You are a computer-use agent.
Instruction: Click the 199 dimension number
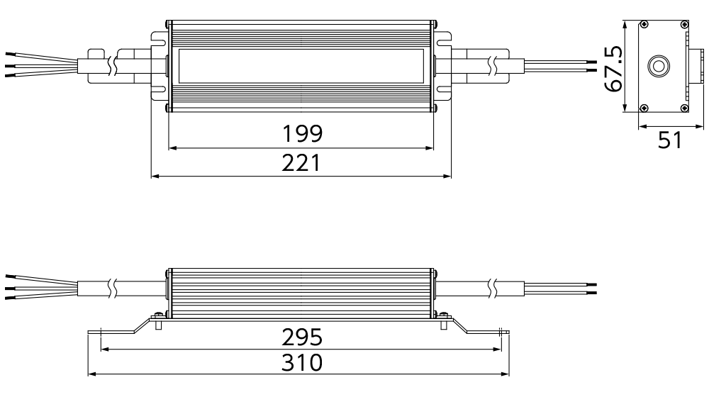tap(302, 133)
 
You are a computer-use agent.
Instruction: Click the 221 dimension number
tap(301, 163)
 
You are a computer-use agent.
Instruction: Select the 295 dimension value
tap(302, 337)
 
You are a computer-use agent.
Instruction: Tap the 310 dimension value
tap(302, 363)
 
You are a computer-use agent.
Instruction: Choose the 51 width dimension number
tap(670, 140)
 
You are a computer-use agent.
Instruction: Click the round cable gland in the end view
tap(658, 66)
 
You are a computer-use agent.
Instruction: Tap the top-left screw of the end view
tap(644, 24)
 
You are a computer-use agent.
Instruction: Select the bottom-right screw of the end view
tap(683, 108)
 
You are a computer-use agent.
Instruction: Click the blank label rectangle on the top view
tap(301, 66)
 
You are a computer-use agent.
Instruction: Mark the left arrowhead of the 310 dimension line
tap(91, 374)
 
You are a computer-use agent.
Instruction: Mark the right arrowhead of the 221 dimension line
tap(447, 176)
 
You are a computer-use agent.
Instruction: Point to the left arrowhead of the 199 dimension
tap(172, 148)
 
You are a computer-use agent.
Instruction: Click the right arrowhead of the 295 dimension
tap(497, 349)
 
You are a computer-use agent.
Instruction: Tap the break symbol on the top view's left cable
tap(113, 66)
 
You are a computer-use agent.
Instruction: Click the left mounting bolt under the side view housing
tap(158, 320)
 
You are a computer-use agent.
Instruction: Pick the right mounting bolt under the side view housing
tap(445, 320)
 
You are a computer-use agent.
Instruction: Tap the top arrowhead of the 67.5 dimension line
tap(625, 24)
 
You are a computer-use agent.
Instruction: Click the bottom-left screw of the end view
tap(644, 108)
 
